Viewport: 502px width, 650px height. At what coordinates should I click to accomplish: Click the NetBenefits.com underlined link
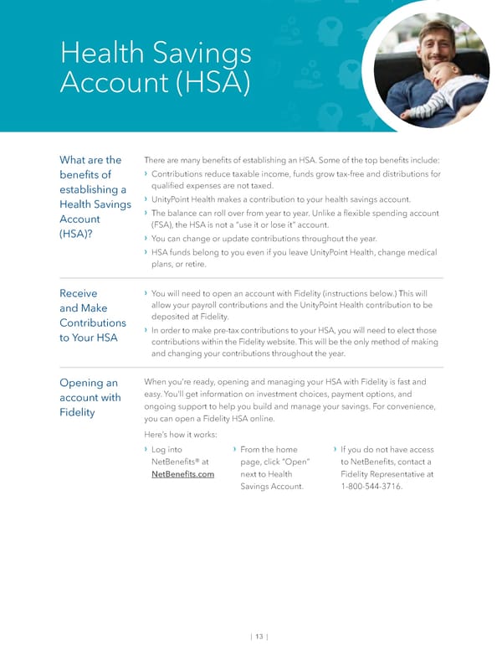point(182,474)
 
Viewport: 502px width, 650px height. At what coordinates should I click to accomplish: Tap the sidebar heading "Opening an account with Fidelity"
point(89,397)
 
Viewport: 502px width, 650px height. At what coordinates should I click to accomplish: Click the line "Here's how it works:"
point(181,435)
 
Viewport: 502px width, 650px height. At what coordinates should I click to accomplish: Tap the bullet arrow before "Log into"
point(147,450)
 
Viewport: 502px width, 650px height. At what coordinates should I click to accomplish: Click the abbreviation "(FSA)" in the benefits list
point(164,225)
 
